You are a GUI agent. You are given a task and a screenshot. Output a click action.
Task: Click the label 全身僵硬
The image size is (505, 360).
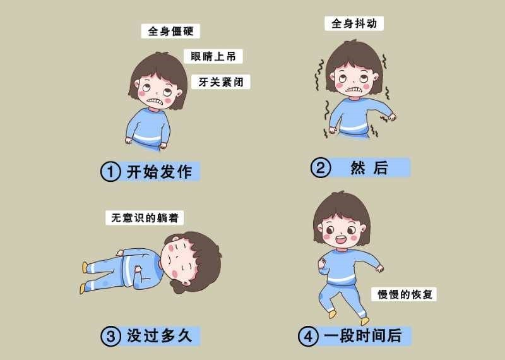click(170, 31)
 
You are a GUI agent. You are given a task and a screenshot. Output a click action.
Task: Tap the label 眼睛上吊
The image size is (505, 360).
click(213, 56)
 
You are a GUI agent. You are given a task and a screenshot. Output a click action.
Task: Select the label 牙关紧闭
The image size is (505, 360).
click(220, 82)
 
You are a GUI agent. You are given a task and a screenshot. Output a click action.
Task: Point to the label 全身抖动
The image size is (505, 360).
click(354, 23)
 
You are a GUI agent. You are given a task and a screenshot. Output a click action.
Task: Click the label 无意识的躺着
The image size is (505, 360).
click(145, 218)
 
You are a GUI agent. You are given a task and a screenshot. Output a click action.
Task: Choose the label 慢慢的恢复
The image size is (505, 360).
click(404, 294)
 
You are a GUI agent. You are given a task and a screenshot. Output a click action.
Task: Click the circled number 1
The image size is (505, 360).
click(110, 171)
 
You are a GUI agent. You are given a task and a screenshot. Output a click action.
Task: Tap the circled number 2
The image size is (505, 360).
click(321, 167)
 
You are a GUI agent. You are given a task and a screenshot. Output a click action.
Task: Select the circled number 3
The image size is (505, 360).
click(110, 336)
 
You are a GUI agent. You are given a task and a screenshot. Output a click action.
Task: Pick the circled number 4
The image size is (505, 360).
click(308, 336)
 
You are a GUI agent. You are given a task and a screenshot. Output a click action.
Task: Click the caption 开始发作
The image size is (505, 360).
click(160, 171)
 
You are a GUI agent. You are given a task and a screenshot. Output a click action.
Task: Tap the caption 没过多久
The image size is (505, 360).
click(160, 336)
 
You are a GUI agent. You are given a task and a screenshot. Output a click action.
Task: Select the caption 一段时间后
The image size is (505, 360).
click(362, 336)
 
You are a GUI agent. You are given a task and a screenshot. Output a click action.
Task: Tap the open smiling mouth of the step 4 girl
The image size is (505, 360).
click(341, 240)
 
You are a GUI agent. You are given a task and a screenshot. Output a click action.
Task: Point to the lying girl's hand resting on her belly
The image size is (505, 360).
click(138, 268)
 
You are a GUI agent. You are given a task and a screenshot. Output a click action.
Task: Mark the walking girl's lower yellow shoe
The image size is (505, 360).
click(365, 321)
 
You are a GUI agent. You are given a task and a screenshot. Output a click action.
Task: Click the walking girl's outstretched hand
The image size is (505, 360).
click(380, 268)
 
